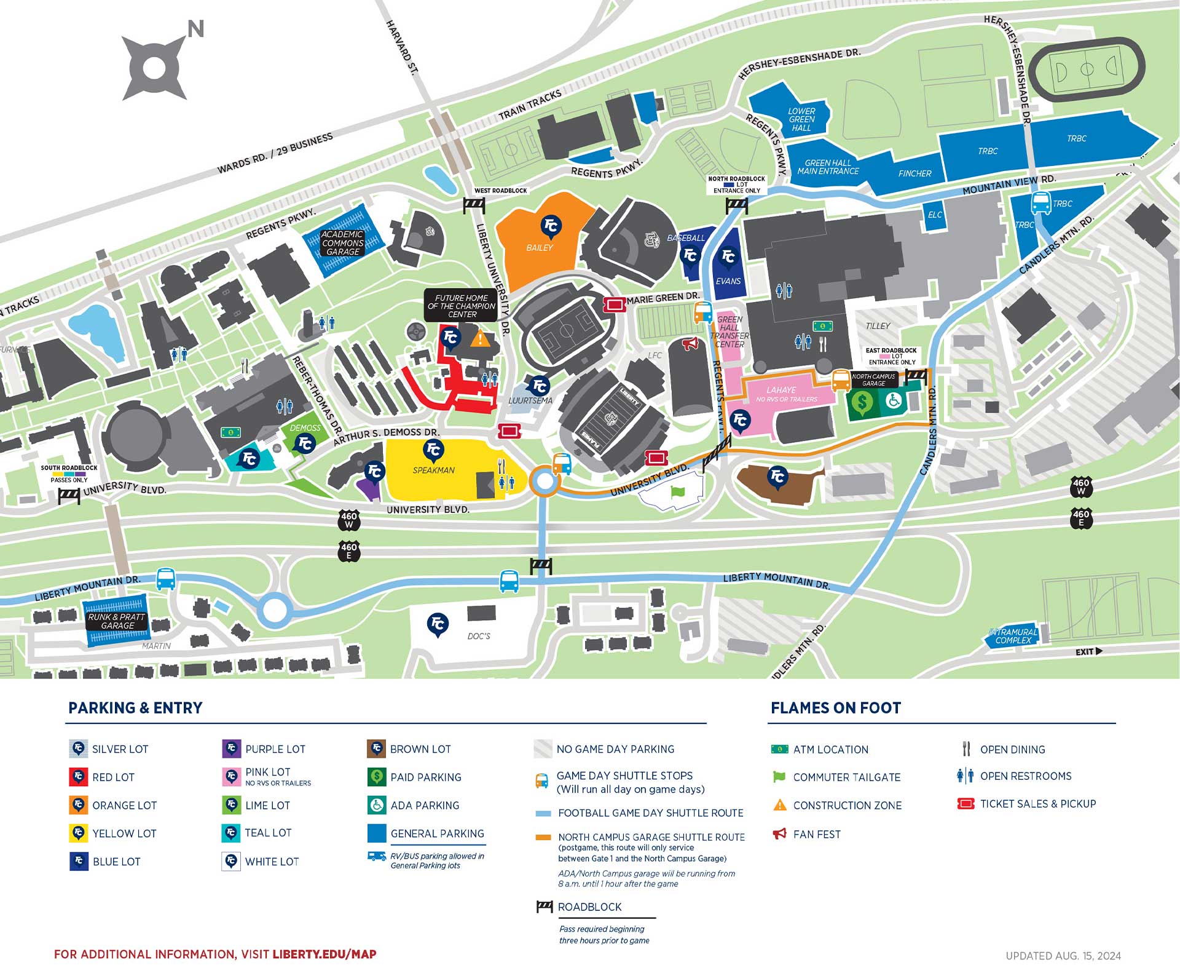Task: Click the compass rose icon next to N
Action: pyautogui.click(x=154, y=68)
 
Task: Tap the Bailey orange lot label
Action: pyautogui.click(x=539, y=248)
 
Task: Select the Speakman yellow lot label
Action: pyautogui.click(x=433, y=471)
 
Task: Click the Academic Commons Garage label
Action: pyautogui.click(x=342, y=243)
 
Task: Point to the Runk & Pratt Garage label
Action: pyautogui.click(x=116, y=621)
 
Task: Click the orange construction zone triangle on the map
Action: pyautogui.click(x=481, y=338)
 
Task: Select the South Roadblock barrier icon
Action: pyautogui.click(x=69, y=494)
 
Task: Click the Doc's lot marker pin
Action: pyautogui.click(x=438, y=625)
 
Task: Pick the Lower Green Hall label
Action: pyautogui.click(x=801, y=119)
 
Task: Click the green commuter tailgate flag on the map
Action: pyautogui.click(x=677, y=492)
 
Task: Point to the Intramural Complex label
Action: pyautogui.click(x=1013, y=636)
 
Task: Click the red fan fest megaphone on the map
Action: pyautogui.click(x=690, y=344)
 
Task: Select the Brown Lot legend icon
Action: pyautogui.click(x=376, y=749)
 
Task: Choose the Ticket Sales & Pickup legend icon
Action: pyautogui.click(x=966, y=804)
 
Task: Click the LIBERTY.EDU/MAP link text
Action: pyautogui.click(x=324, y=955)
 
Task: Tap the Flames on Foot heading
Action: pyautogui.click(x=835, y=708)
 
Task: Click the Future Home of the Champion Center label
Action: pyautogui.click(x=461, y=306)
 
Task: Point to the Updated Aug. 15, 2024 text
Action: pyautogui.click(x=1063, y=956)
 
